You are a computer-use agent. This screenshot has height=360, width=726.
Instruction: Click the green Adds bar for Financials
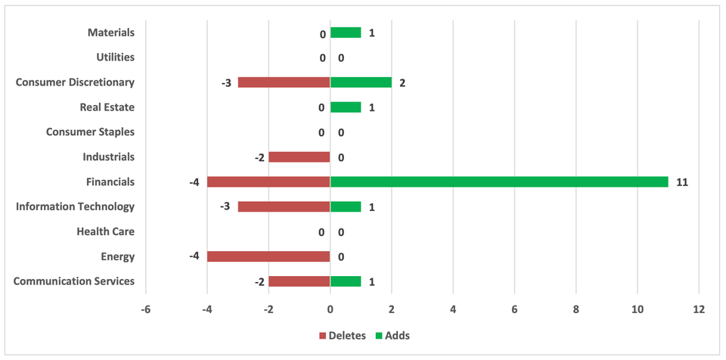tap(499, 182)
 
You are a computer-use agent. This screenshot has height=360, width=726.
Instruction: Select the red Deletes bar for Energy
tap(268, 256)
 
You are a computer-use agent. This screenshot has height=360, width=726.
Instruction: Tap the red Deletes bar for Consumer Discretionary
tap(284, 82)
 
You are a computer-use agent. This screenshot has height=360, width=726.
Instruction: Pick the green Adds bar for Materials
tap(346, 33)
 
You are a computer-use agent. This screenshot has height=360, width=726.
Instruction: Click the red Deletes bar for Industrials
tap(299, 157)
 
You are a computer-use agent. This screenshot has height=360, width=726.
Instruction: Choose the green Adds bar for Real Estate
tap(346, 107)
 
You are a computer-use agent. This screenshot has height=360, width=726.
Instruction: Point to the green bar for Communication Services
tap(346, 281)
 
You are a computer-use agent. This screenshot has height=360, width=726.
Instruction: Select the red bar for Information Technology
tap(284, 206)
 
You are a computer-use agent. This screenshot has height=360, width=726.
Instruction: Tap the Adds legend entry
tap(392, 335)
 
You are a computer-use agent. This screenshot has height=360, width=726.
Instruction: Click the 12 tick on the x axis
tap(698, 310)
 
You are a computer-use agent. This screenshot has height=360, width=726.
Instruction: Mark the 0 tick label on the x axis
tap(330, 310)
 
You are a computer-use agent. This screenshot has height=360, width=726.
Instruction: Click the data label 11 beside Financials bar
tap(682, 182)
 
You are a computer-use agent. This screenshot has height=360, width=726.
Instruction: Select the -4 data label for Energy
tap(194, 257)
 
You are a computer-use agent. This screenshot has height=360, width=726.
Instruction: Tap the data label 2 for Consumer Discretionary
tap(402, 82)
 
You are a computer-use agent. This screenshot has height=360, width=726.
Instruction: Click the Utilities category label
tap(115, 57)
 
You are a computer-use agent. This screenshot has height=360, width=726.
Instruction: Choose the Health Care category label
tap(106, 231)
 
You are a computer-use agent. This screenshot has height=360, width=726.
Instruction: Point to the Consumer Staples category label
tap(90, 132)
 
